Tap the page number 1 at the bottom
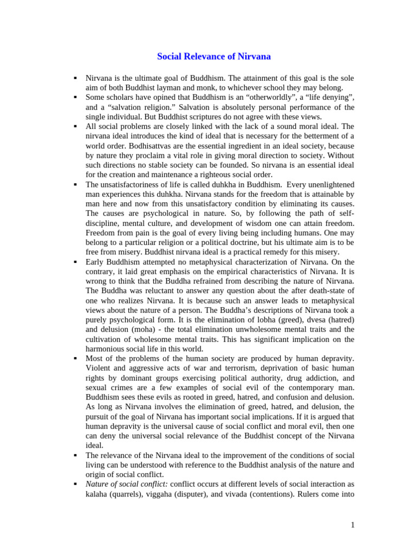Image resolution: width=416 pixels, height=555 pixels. [x=352, y=525]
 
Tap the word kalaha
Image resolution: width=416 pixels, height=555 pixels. [x=98, y=494]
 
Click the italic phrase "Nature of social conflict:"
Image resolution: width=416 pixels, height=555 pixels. [x=127, y=485]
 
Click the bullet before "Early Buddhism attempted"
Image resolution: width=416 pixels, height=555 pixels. [x=76, y=262]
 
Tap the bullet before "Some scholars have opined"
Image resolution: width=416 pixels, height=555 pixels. [x=76, y=97]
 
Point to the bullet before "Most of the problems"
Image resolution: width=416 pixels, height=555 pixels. [x=76, y=359]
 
